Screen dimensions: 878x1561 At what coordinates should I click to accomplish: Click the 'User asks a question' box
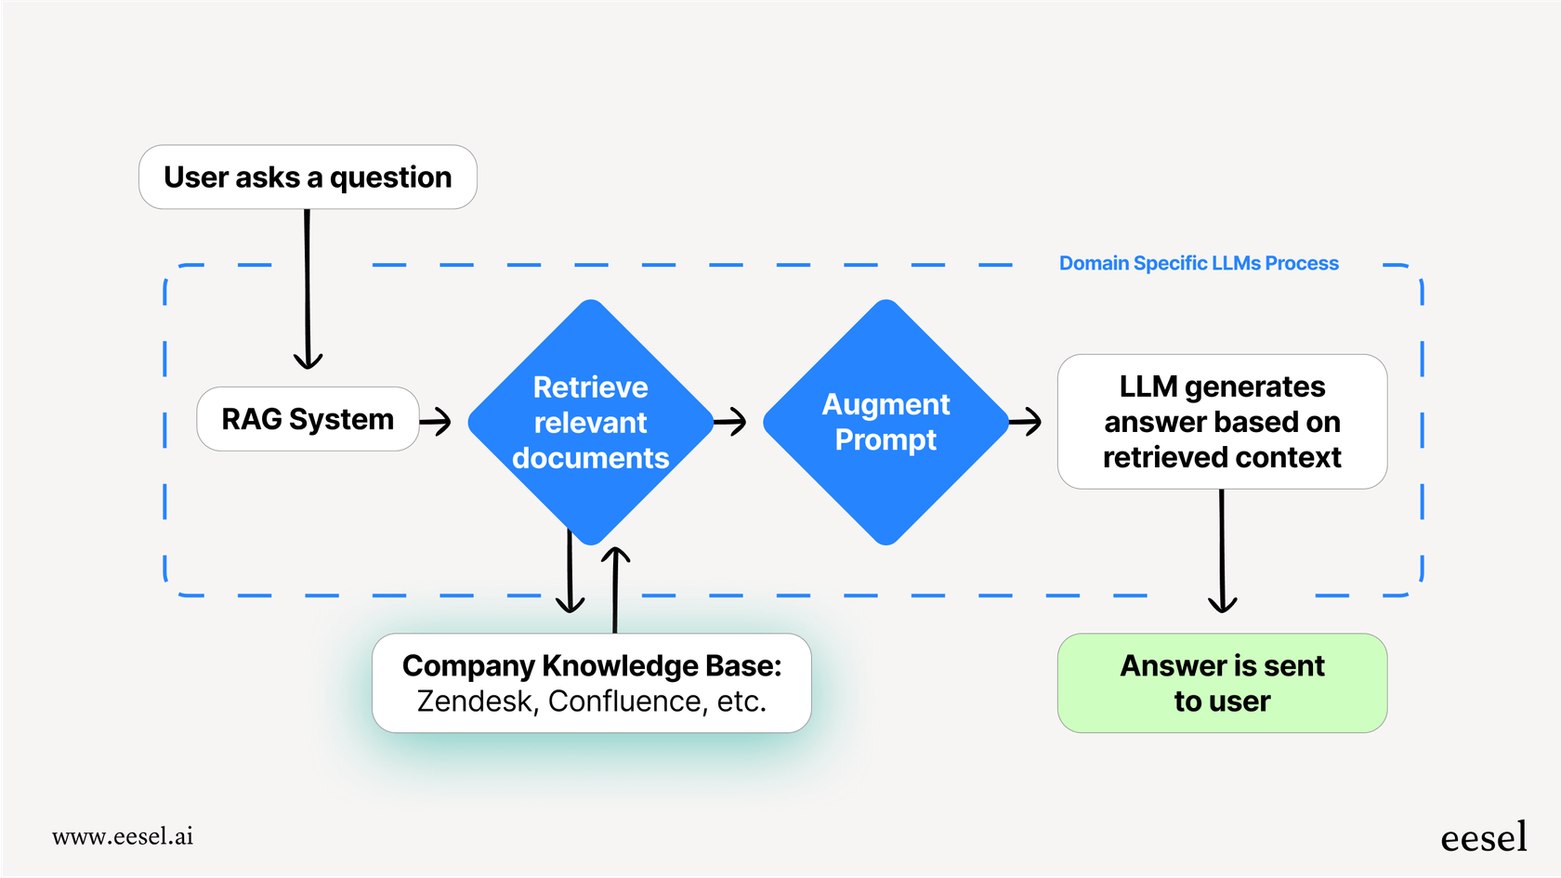[308, 177]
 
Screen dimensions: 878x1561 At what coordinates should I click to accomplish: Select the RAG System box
[308, 419]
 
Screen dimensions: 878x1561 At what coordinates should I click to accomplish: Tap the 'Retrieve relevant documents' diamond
[590, 422]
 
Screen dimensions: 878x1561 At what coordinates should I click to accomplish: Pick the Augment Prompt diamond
[885, 422]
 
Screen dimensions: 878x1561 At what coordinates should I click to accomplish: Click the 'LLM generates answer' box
[1222, 422]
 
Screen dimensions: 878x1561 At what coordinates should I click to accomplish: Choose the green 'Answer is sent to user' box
[1222, 683]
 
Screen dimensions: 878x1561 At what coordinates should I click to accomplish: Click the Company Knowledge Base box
[591, 683]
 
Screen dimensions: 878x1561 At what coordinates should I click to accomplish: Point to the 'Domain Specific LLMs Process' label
[1199, 264]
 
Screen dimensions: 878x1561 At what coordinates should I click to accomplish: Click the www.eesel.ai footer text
[123, 836]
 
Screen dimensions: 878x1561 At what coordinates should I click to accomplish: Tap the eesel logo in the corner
[1483, 838]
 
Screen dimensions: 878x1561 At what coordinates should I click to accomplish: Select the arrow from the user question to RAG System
[308, 288]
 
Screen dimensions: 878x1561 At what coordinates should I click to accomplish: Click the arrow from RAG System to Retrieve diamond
[436, 421]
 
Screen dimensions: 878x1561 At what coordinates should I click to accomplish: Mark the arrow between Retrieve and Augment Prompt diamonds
[730, 421]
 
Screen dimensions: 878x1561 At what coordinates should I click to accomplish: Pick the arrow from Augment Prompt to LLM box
[1025, 421]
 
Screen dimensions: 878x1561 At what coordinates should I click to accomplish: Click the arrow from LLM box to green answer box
[1222, 553]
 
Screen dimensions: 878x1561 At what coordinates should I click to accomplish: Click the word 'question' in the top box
[390, 177]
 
